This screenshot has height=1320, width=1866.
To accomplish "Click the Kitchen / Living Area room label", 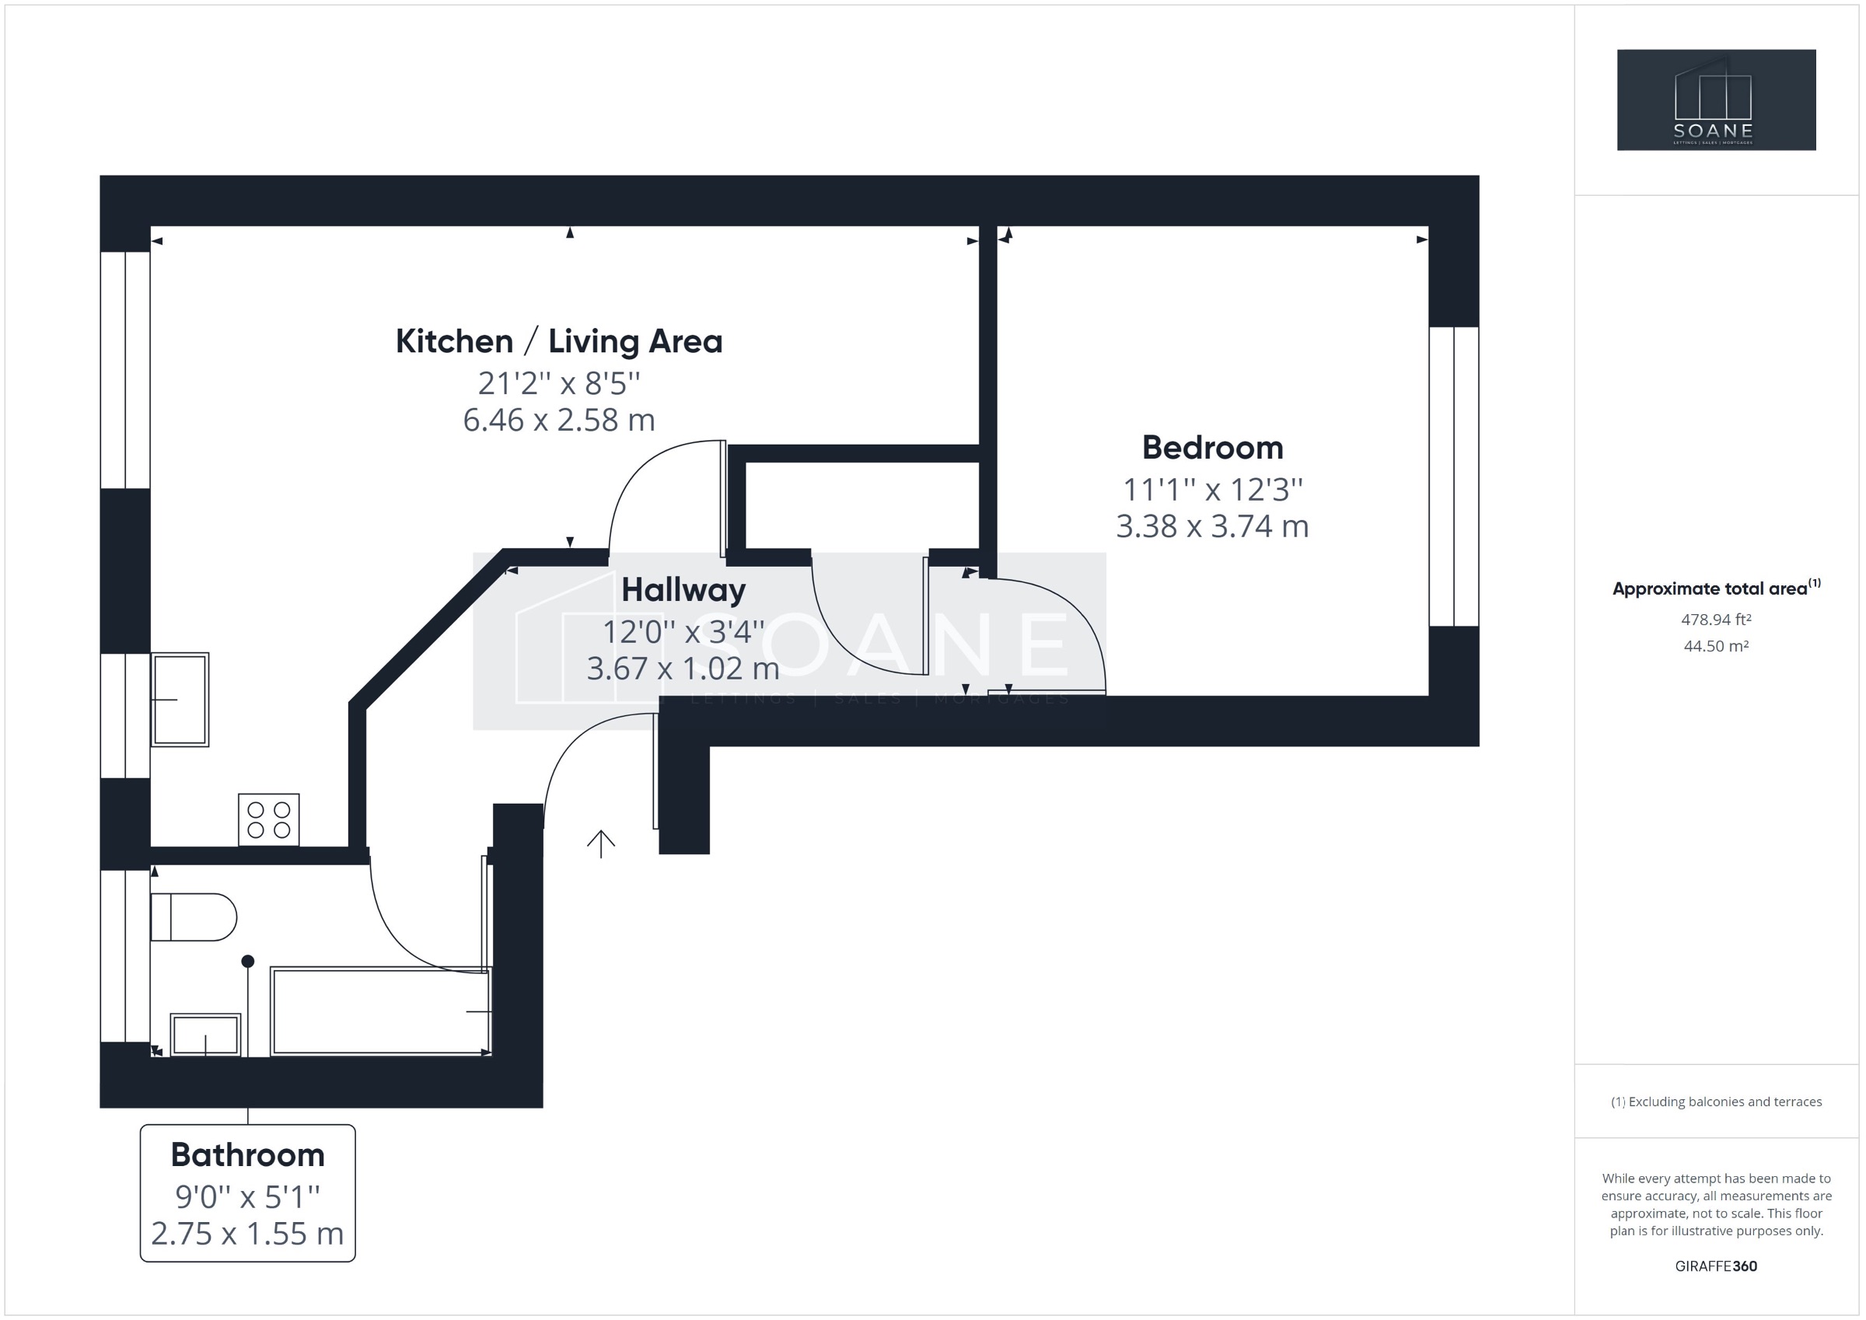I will (x=558, y=341).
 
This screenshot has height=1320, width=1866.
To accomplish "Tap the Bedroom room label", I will (x=1212, y=448).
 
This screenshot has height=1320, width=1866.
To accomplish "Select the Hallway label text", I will (x=683, y=590).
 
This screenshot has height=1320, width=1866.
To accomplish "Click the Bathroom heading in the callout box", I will (x=248, y=1155).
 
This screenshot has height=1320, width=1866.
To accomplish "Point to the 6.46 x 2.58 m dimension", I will (x=558, y=421).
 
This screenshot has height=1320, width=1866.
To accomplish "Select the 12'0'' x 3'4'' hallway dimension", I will (x=683, y=630).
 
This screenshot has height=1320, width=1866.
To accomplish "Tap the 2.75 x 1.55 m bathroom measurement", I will (x=248, y=1234).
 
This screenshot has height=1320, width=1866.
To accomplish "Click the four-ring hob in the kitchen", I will (x=269, y=819).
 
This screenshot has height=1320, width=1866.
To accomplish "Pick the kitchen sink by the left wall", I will (x=180, y=699).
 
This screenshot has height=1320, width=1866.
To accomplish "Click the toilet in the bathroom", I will (x=194, y=917).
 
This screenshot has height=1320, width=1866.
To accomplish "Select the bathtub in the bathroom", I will (x=380, y=1011).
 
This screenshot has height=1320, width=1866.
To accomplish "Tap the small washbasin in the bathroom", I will (x=204, y=1035).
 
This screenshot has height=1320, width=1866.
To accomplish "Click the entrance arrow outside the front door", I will (x=600, y=843).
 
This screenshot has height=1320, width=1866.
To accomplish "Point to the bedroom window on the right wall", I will (x=1453, y=477).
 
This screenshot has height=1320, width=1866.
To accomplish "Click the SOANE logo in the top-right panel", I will (x=1716, y=100).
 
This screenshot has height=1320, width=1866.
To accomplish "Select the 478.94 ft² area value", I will (x=1716, y=620).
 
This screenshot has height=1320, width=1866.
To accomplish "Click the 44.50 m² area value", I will (x=1716, y=646).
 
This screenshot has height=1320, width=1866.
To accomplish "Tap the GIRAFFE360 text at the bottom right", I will (x=1716, y=1266).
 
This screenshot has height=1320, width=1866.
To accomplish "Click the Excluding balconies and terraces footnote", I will (x=1716, y=1102).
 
